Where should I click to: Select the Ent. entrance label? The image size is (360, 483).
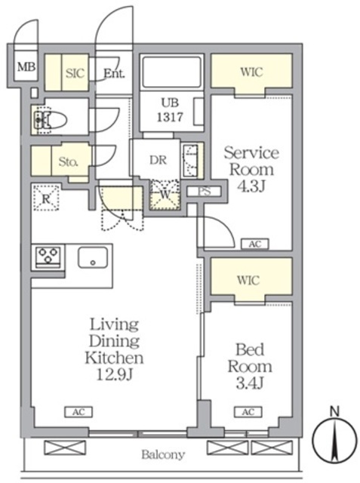[114, 73]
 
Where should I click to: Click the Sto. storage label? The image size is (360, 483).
[69, 160]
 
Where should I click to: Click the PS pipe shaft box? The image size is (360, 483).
[203, 191]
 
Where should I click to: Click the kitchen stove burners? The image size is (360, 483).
[48, 257]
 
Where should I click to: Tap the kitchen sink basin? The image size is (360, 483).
[93, 258]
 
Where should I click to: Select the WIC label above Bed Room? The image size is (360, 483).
[250, 279]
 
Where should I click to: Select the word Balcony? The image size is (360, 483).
[162, 455]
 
